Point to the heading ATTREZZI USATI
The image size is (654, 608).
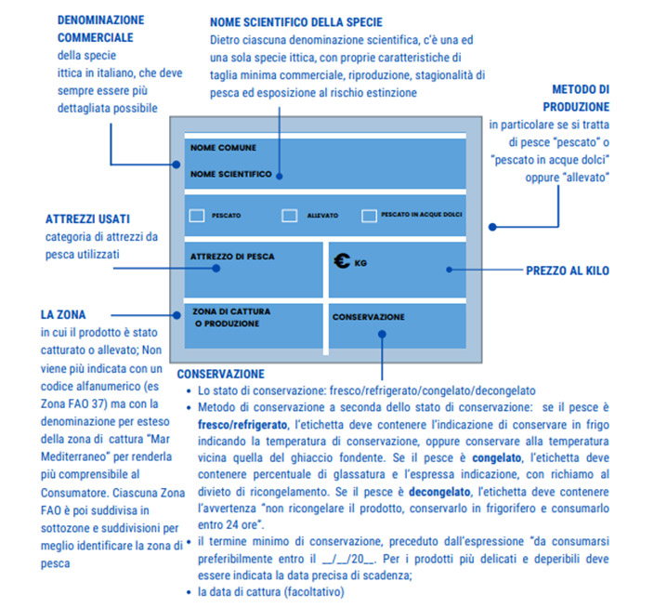pyautogui.click(x=88, y=220)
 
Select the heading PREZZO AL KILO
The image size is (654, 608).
pyautogui.click(x=568, y=271)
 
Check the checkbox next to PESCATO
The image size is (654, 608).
pyautogui.click(x=197, y=216)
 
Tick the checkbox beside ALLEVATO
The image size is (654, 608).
pyautogui.click(x=289, y=216)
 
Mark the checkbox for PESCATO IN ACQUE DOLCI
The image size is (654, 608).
pyautogui.click(x=369, y=216)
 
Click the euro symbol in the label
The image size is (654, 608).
pyautogui.click(x=341, y=261)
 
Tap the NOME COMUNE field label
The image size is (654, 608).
pyautogui.click(x=223, y=148)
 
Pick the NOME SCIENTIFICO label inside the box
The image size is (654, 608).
pyautogui.click(x=231, y=174)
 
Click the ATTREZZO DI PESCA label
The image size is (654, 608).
pyautogui.click(x=232, y=257)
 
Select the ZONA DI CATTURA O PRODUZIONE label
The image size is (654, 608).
pyautogui.click(x=226, y=317)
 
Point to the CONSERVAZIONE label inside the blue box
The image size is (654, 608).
pyautogui.click(x=369, y=317)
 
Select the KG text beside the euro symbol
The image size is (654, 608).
pyautogui.click(x=361, y=264)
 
